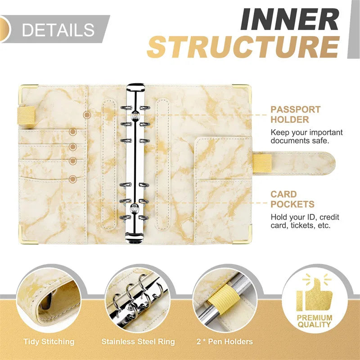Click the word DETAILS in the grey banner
tap(58, 30)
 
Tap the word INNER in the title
tap(288, 19)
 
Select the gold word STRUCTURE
tap(243, 47)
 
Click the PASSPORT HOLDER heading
tap(295, 115)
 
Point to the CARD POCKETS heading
tap(292, 199)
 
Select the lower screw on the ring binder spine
tap(133, 207)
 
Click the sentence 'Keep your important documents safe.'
tap(306, 136)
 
